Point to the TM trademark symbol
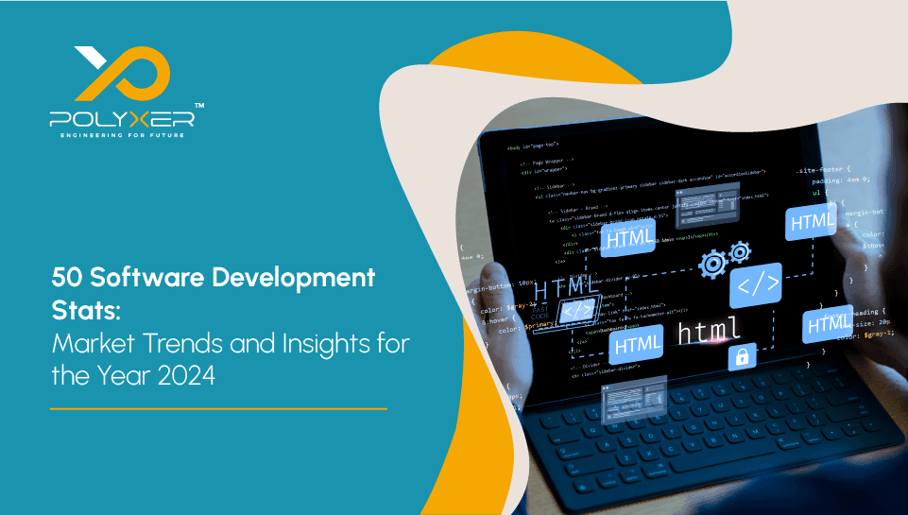pyautogui.click(x=198, y=106)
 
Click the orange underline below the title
pyautogui.click(x=218, y=409)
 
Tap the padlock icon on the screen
pyautogui.click(x=741, y=357)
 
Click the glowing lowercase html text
pyautogui.click(x=710, y=332)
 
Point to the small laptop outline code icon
pyautogui.click(x=578, y=309)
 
